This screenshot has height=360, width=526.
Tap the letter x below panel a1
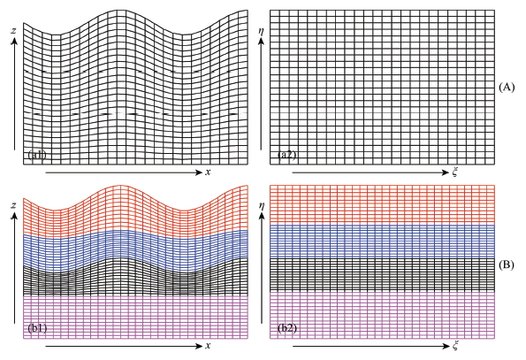click(x=209, y=172)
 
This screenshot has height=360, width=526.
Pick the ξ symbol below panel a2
click(x=456, y=171)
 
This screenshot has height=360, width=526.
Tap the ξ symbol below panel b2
click(x=456, y=344)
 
